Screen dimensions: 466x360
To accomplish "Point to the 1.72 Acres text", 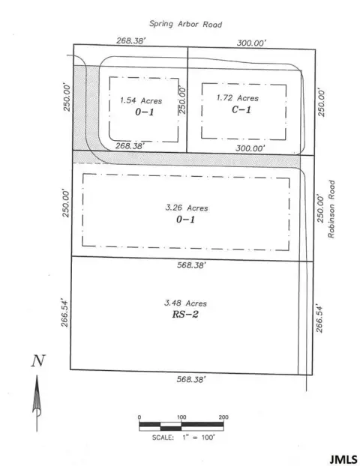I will [x=236, y=98].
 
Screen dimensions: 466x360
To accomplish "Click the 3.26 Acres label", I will [x=186, y=208].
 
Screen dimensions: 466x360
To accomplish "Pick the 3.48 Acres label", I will [x=185, y=303].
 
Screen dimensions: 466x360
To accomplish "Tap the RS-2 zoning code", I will [x=185, y=315].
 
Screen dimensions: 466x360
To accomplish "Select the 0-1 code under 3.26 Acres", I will [x=187, y=220].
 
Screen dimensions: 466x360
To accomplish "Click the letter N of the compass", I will [x=36, y=361].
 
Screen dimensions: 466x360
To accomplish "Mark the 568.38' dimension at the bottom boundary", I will [x=186, y=379].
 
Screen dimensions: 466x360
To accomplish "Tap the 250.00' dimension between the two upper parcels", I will [x=181, y=99].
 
